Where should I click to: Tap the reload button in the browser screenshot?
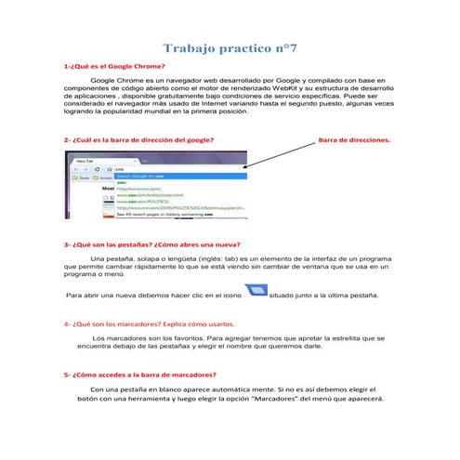click(96, 169)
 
